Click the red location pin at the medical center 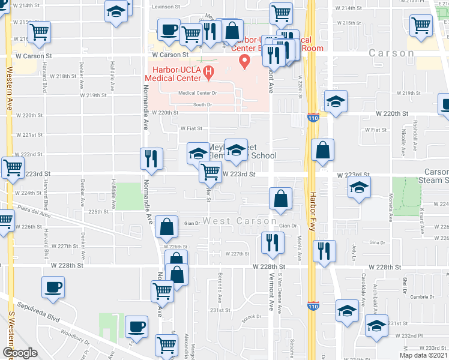(244, 61)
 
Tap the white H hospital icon (208, 74)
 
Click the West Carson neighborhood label (240, 221)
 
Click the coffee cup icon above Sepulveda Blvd (53, 286)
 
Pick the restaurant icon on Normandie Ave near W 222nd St (151, 159)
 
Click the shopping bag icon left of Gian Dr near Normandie (166, 226)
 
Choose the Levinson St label (166, 7)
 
